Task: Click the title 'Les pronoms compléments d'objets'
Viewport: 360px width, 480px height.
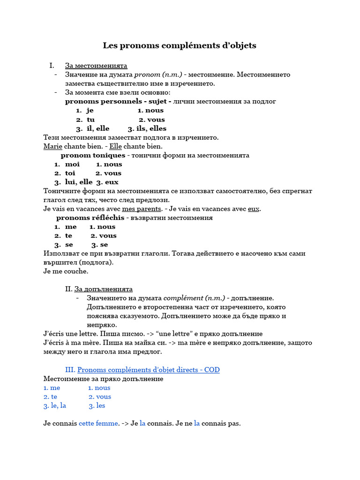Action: click(180, 45)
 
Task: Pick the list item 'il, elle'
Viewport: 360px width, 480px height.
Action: click(97, 128)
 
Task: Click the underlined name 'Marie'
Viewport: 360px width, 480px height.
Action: click(52, 146)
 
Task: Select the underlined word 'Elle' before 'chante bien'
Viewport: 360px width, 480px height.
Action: click(115, 146)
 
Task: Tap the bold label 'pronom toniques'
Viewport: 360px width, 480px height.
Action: click(93, 155)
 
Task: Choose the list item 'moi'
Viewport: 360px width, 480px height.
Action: click(72, 164)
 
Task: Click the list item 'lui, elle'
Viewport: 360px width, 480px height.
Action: click(79, 182)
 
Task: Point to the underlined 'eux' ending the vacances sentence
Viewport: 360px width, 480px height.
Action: click(254, 209)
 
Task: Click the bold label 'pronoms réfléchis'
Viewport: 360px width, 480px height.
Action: click(90, 217)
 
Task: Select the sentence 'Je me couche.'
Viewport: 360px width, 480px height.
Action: click(66, 271)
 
